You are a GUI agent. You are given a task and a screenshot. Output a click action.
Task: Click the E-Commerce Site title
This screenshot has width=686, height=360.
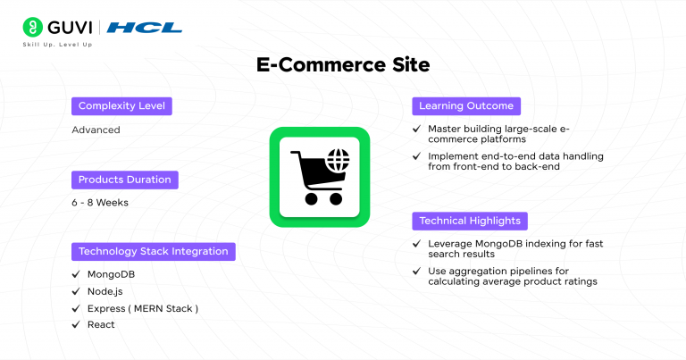pos(343,66)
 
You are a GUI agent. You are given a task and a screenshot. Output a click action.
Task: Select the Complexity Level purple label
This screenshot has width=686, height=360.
pos(122,106)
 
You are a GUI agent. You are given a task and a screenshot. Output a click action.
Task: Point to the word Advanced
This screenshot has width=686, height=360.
pos(96,130)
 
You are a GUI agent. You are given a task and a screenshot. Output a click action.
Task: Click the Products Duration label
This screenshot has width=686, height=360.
pos(124,180)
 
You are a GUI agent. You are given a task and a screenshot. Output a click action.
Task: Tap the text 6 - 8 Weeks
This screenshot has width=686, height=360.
pos(100,203)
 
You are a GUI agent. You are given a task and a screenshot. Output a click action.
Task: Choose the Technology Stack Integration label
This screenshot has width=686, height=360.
pos(153,251)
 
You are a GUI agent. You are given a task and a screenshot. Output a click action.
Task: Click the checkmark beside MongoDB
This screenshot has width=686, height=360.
pos(77,274)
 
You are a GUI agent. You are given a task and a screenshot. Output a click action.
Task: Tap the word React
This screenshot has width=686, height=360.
pos(101,324)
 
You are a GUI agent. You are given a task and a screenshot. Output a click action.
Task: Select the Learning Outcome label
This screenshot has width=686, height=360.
pos(466,106)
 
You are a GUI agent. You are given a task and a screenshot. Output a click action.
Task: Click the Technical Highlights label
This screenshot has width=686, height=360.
pos(471,221)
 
